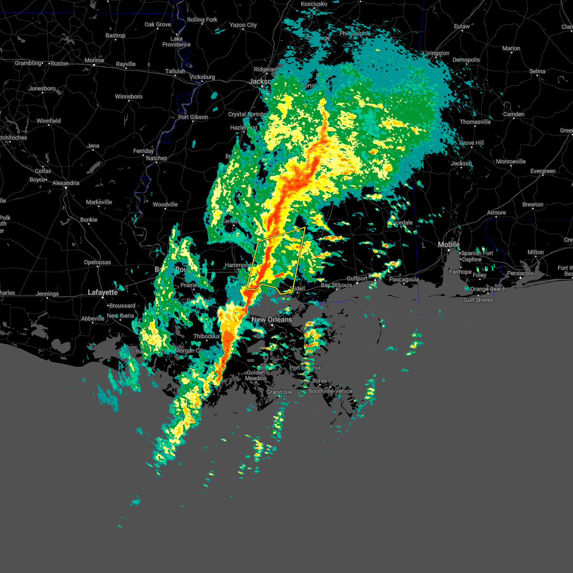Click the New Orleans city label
[272, 319]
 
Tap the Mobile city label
[449, 244]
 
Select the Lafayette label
[103, 292]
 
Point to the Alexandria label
[66, 183]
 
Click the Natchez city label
[157, 158]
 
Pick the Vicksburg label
[202, 77]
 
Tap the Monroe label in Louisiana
[94, 61]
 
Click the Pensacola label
[520, 273]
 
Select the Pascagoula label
[404, 279]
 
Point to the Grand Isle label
[279, 392]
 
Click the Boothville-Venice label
[330, 391]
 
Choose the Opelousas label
[97, 262]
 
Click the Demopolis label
[466, 60]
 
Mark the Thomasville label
[475, 122]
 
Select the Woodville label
[165, 204]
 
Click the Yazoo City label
[243, 25]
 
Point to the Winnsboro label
[128, 96]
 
